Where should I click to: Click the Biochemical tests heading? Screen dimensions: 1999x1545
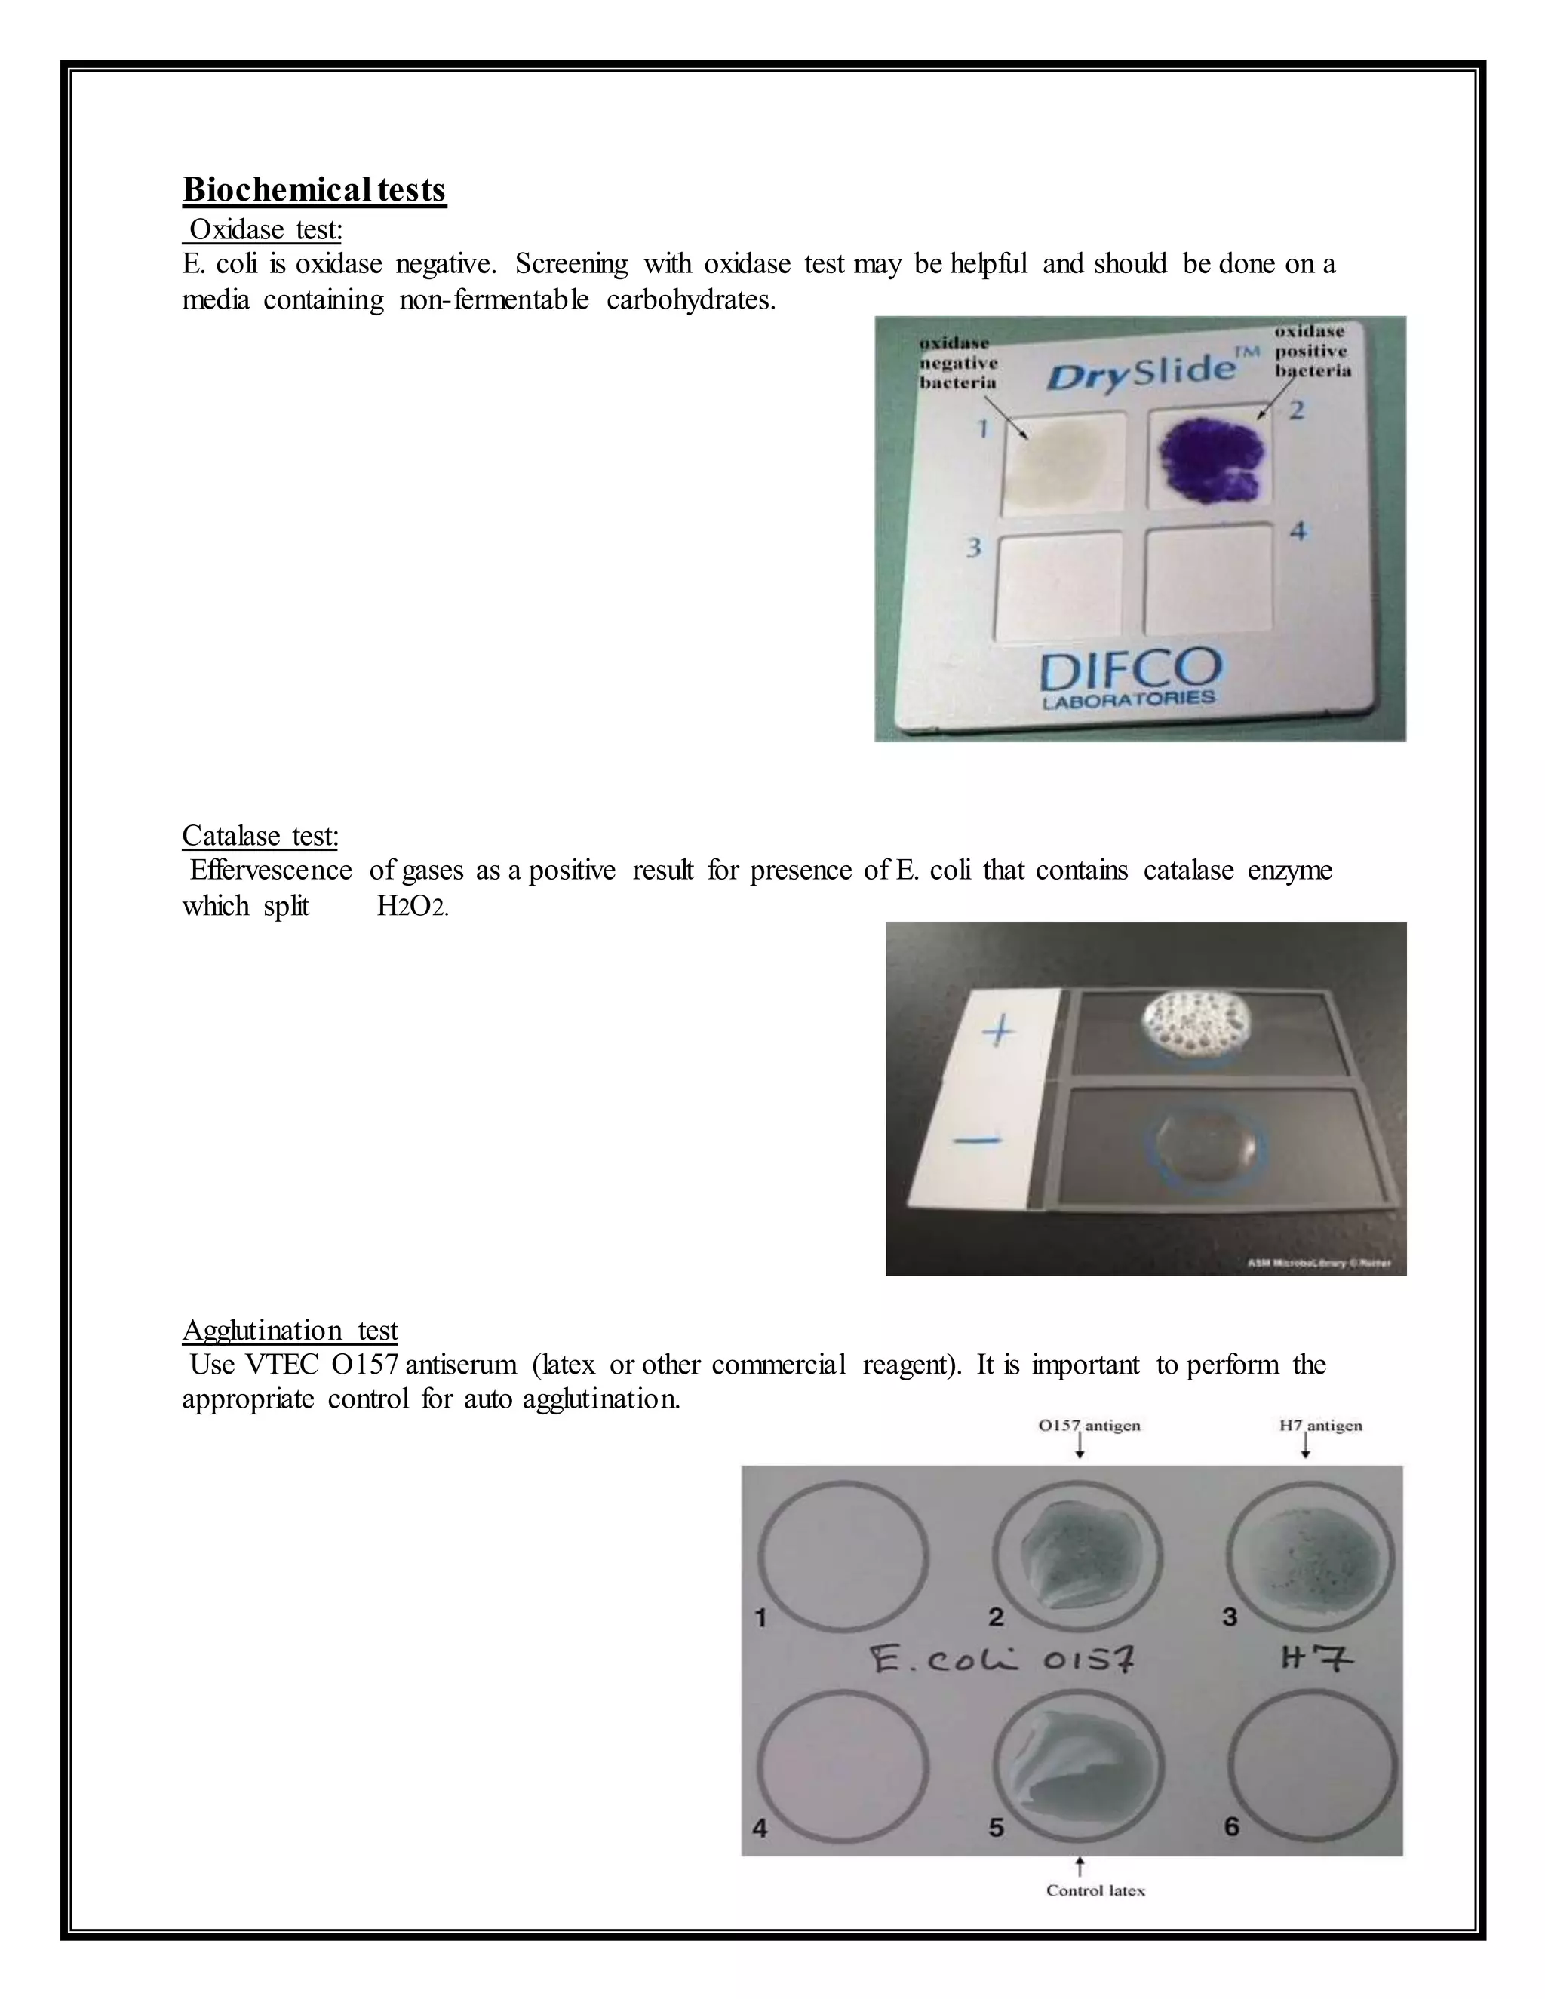[314, 189]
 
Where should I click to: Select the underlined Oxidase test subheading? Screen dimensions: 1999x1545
[265, 229]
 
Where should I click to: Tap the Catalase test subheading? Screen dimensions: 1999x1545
[260, 835]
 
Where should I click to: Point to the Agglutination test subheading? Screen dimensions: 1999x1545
[290, 1330]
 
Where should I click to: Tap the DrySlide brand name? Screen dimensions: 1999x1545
[1141, 373]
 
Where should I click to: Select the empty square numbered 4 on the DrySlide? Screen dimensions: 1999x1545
[1209, 579]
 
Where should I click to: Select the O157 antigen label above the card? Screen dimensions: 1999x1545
[1089, 1425]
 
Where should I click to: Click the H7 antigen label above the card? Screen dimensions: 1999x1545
[1320, 1425]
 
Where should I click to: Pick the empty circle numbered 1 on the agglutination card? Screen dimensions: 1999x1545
[844, 1557]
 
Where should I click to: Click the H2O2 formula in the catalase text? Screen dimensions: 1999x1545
[412, 907]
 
